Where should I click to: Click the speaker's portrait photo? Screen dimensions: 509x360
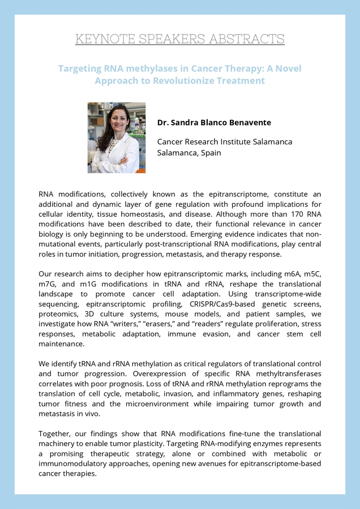tap(117, 138)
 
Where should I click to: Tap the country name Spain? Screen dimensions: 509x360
tap(209, 153)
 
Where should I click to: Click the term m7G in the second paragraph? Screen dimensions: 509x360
tap(49, 283)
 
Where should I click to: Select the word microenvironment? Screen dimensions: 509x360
tap(172, 404)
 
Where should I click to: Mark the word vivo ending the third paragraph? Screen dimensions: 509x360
tap(93, 414)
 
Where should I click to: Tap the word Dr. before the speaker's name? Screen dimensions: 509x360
tap(164, 122)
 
